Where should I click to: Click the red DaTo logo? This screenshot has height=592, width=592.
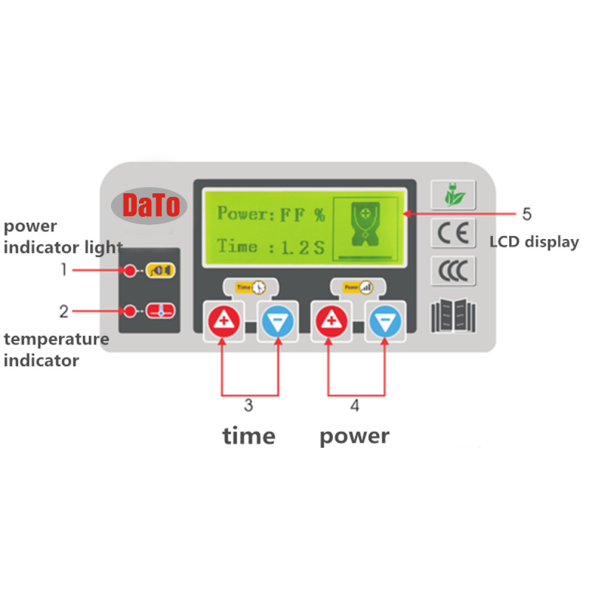tap(151, 206)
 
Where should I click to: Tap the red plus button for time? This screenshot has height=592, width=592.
tap(224, 321)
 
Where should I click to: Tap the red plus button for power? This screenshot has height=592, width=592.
tap(332, 321)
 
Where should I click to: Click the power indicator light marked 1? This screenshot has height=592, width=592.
tap(130, 270)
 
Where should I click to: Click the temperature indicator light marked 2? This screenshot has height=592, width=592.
tap(130, 311)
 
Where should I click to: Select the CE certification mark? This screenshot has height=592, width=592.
tap(453, 232)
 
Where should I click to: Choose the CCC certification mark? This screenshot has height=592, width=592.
tap(453, 271)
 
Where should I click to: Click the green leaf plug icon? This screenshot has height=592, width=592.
tap(454, 195)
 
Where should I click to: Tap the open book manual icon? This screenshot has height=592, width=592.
tap(453, 316)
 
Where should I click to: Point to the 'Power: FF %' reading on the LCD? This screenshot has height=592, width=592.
tap(271, 214)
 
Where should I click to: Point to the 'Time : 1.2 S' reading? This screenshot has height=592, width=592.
tap(271, 247)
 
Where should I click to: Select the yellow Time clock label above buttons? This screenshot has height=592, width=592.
tap(250, 287)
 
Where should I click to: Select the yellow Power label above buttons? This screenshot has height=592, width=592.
tap(358, 287)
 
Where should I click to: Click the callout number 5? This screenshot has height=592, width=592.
tap(527, 214)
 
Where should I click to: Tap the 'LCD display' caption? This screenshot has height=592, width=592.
tap(534, 242)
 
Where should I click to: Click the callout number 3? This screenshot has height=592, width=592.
tap(249, 405)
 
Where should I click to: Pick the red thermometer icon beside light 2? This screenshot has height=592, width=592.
tap(161, 311)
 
